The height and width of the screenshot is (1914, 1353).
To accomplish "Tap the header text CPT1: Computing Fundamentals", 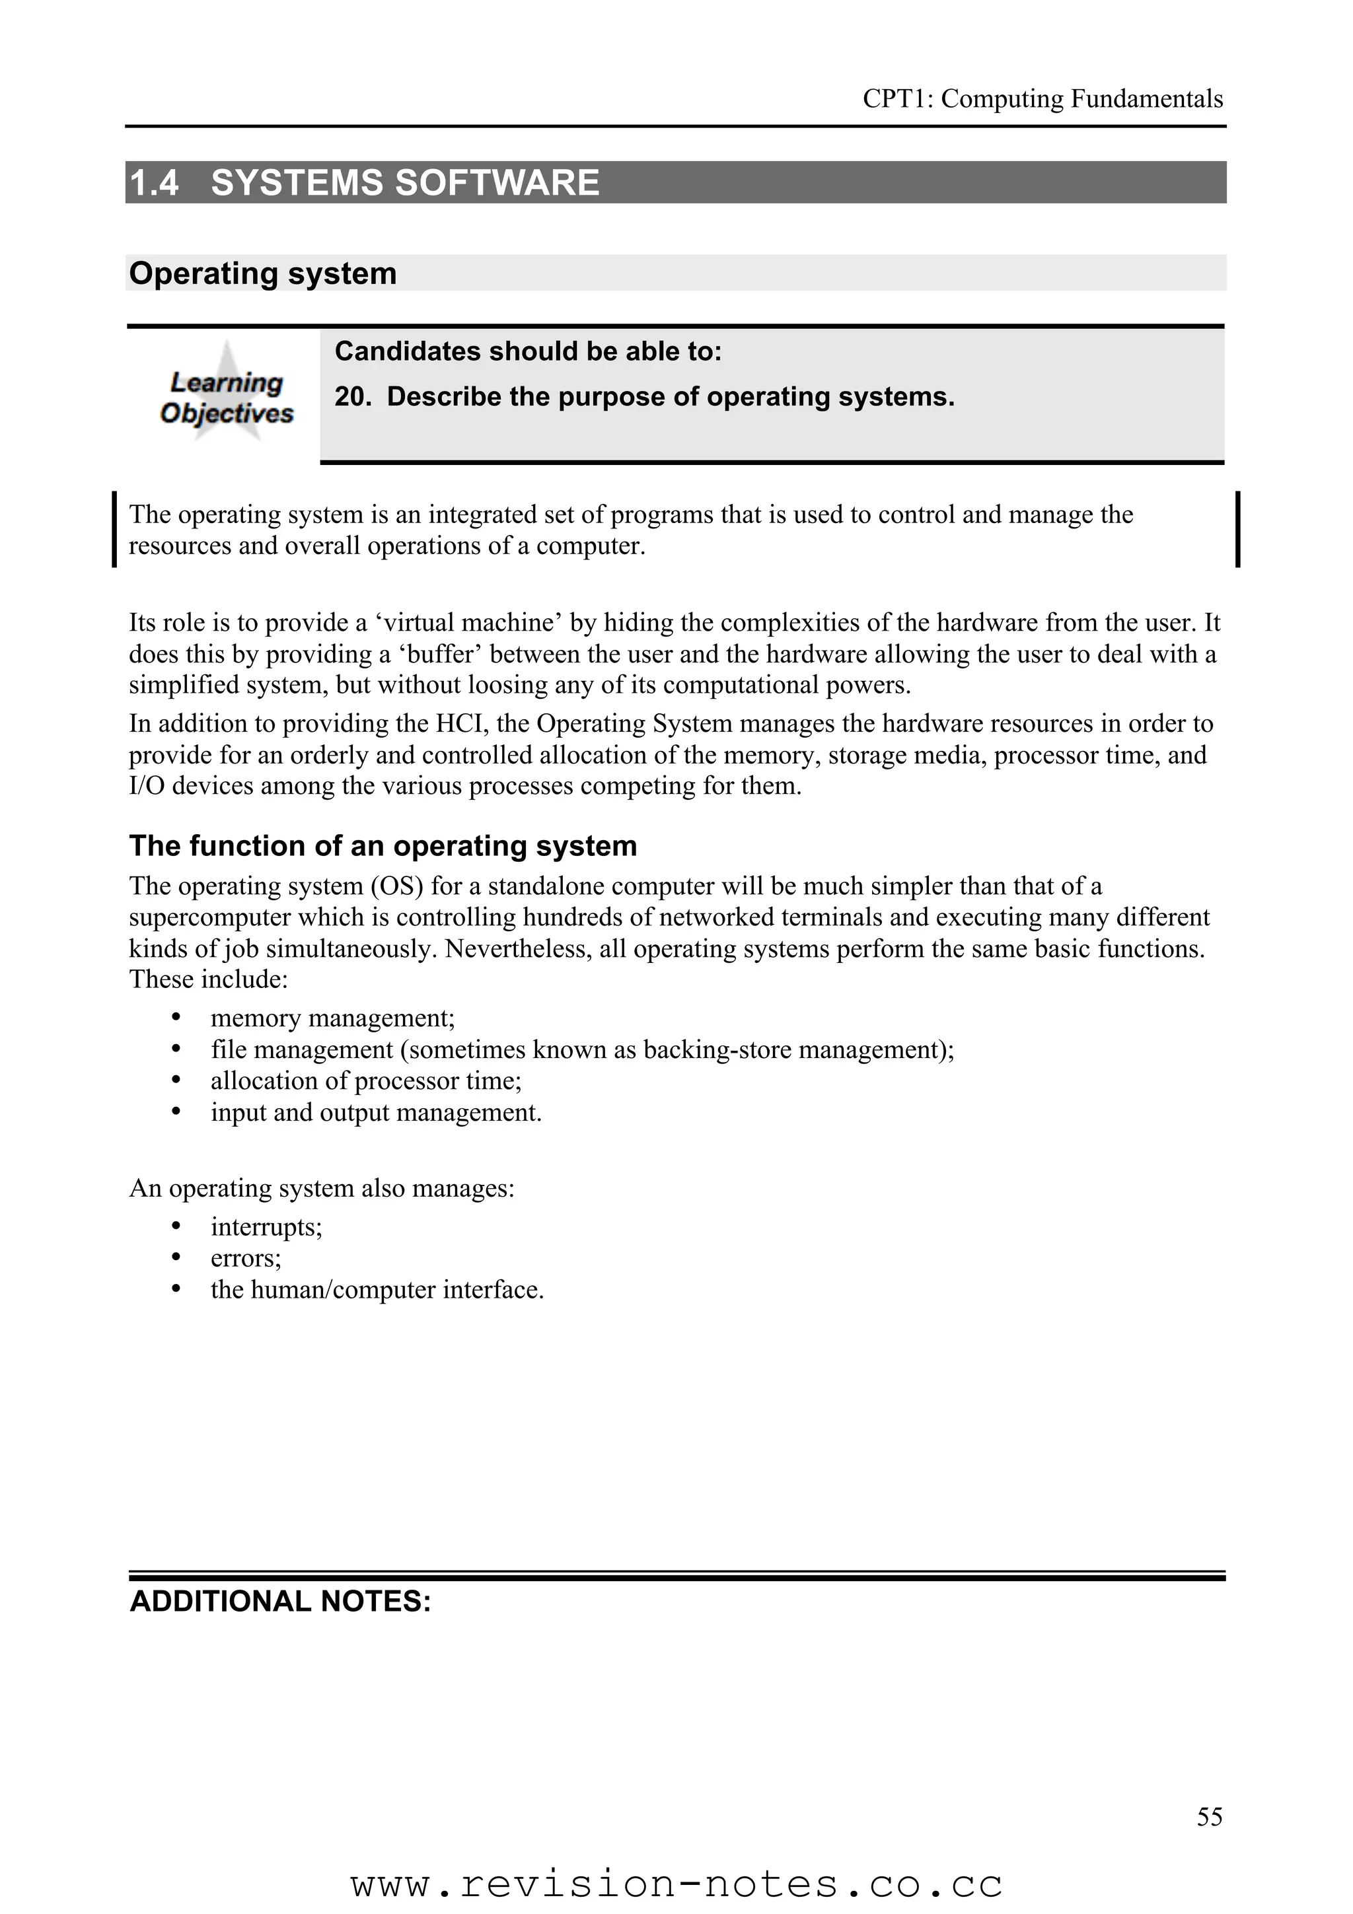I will pos(1042,99).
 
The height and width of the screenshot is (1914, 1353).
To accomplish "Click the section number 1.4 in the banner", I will pos(154,182).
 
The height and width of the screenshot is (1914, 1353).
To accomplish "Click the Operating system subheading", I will pos(262,273).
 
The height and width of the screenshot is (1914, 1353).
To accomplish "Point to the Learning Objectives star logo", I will pos(226,392).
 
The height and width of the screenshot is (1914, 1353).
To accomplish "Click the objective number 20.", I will pos(352,397).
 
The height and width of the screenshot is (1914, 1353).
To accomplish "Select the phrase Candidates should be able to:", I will pos(528,351).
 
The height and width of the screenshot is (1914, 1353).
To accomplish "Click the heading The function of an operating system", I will pos(383,845).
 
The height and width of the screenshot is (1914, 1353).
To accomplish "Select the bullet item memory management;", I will pos(332,1018).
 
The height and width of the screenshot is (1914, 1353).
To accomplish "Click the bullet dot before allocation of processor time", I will pos(176,1081).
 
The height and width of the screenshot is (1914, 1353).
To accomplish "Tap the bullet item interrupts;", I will pos(266,1226).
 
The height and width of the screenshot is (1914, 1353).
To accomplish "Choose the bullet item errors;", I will pos(246,1258).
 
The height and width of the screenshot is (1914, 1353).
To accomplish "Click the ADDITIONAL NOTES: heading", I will pos(280,1602).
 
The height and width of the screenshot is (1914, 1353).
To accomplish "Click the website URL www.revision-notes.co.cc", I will pos(676,1884).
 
